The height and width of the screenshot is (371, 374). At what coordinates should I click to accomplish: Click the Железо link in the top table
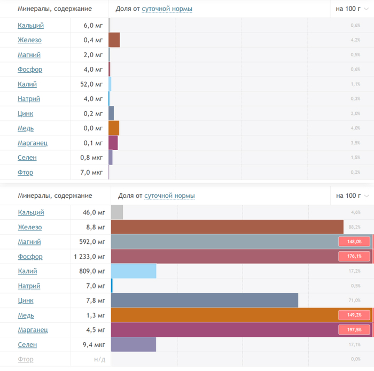(29, 40)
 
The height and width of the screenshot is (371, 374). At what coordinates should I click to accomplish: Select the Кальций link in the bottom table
(31, 212)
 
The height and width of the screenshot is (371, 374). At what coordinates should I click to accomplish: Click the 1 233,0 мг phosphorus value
(88, 257)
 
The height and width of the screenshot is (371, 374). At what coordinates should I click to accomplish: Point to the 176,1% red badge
(354, 257)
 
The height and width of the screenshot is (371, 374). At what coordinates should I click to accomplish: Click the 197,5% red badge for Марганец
(354, 330)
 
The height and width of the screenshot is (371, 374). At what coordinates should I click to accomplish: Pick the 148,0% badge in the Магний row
(354, 242)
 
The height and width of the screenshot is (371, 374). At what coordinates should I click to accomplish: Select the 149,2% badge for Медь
(354, 315)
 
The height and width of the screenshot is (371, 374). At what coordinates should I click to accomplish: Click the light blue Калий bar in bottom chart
(134, 271)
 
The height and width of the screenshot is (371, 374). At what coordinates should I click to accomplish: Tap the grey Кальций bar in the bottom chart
(117, 212)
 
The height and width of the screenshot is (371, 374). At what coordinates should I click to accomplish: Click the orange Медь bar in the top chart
(114, 128)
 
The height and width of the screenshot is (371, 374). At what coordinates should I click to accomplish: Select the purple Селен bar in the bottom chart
(134, 345)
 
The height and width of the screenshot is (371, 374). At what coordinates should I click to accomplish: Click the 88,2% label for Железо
(354, 227)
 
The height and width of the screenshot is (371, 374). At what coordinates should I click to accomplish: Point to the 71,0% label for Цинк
(354, 300)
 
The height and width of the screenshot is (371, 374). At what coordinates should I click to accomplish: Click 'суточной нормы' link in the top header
(167, 9)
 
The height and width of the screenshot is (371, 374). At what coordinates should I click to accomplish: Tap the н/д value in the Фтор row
(99, 359)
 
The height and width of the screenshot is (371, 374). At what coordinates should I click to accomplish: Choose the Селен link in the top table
(27, 158)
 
